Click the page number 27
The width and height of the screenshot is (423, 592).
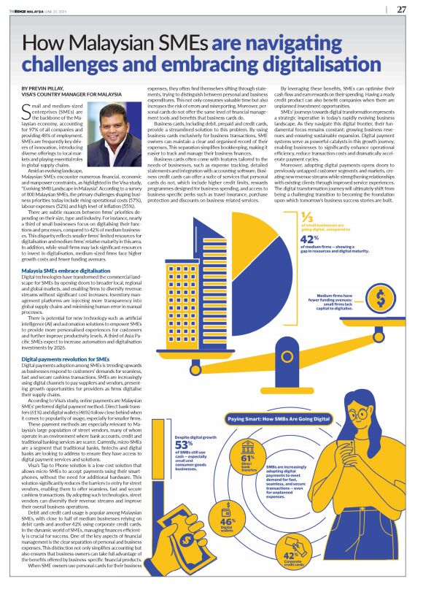point(401,9)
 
